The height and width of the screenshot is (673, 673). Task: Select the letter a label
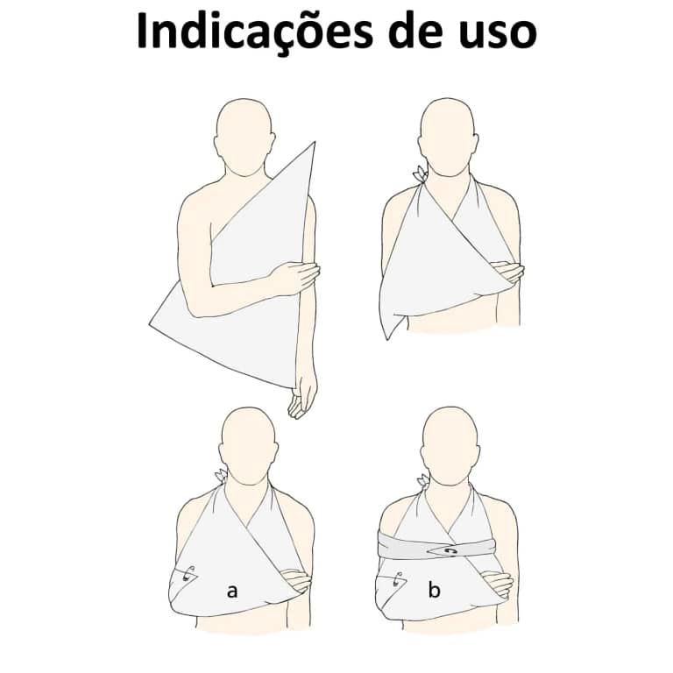(x=231, y=592)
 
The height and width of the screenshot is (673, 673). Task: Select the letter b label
(x=434, y=589)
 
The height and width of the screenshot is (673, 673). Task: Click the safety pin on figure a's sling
(x=188, y=573)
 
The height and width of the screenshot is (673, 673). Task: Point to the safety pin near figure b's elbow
(x=397, y=579)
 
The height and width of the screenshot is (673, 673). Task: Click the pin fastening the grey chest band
(x=449, y=551)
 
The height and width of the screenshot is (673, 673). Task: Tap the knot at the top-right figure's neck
(x=419, y=175)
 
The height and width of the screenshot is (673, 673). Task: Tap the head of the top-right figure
(x=448, y=137)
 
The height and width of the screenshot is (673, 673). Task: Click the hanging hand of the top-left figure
(x=302, y=396)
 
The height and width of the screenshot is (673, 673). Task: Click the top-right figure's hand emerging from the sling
(x=509, y=272)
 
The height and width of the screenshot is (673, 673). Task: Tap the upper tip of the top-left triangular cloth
(x=315, y=142)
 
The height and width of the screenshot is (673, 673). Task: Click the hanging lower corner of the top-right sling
(x=388, y=338)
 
